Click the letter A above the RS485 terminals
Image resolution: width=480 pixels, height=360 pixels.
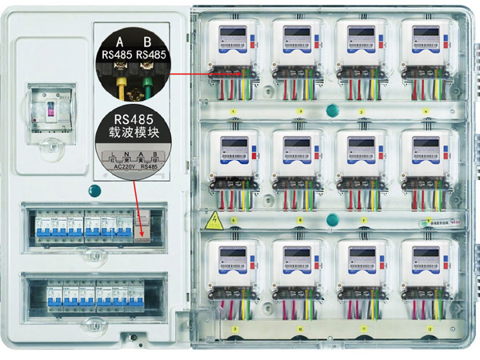point(120,42)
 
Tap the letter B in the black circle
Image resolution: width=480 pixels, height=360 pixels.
point(146,42)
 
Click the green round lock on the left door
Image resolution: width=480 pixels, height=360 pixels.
point(96,190)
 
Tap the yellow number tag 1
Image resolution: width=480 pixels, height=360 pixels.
point(234,111)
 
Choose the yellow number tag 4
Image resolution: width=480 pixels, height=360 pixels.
point(426,111)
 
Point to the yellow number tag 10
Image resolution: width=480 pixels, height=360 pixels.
point(299,329)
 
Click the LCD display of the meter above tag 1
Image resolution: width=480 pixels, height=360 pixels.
point(234,34)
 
